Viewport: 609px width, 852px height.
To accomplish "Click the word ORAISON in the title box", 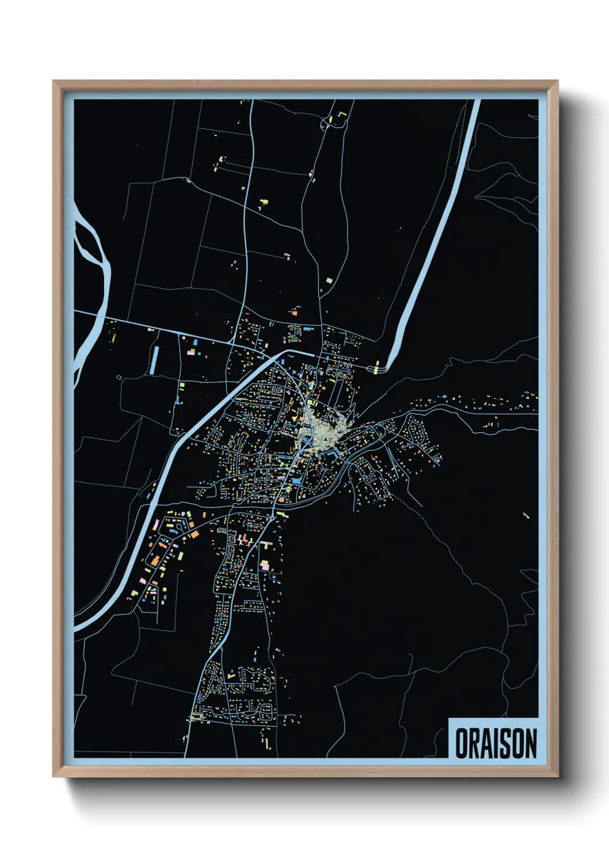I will (496, 743).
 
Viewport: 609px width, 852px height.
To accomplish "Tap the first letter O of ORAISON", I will (462, 743).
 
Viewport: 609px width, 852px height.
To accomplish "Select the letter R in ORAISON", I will (475, 743).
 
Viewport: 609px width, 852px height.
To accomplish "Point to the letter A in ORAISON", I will (489, 743).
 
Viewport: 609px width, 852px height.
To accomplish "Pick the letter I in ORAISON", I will (498, 743).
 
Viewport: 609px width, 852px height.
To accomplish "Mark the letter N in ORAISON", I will (531, 743).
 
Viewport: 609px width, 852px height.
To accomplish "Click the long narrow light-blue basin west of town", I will (154, 360).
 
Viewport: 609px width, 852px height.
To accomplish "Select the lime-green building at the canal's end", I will (378, 367).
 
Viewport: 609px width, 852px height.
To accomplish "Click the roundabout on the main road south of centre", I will (272, 518).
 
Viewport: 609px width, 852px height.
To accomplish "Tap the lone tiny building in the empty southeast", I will (525, 515).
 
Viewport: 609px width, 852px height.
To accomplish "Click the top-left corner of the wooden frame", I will (54, 82).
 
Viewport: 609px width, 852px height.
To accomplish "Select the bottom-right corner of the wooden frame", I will (557, 776).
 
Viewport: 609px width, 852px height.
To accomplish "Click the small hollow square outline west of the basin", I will (119, 377).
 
